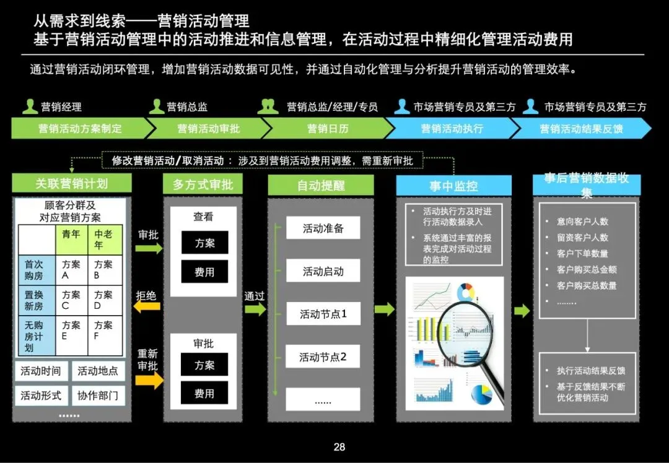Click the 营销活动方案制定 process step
pos(80,129)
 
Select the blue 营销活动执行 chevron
pos(452,129)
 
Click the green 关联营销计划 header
pos(72,183)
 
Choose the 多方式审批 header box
pos(203,184)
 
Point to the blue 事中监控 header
pos(453,186)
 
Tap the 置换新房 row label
pos(34,300)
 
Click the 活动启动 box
pos(323,271)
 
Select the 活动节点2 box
pos(323,357)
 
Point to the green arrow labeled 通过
pos(255,309)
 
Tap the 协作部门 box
pos(97,396)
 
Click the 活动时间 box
pos(41,371)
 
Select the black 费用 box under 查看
pos(204,272)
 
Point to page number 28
pos(339,447)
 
